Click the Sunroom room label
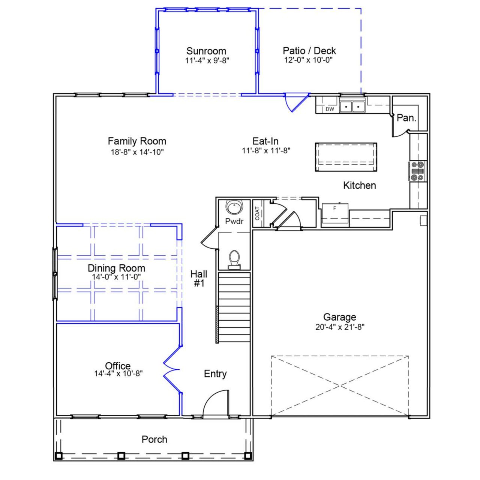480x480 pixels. coord(206,51)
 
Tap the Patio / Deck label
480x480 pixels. coord(309,51)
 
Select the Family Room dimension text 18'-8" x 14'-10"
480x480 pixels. coord(137,152)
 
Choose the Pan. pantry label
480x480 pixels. coord(406,118)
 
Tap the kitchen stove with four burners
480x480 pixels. coord(418,171)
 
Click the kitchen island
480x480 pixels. coord(346,157)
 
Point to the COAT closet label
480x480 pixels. coord(257,214)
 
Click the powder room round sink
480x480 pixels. coord(235,207)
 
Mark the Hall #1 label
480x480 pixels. coord(199,279)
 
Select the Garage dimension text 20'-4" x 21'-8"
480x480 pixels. coord(340,327)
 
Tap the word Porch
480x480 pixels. coord(154,439)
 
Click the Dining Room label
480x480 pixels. coord(116,268)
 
